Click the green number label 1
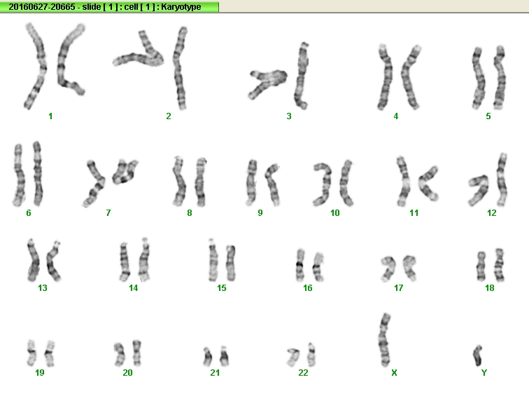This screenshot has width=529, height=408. click(x=50, y=116)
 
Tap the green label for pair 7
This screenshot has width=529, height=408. click(x=108, y=212)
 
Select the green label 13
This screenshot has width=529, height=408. click(x=43, y=287)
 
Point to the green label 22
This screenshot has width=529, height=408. click(x=303, y=372)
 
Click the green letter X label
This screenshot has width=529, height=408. click(x=394, y=372)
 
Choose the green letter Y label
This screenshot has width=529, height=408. click(x=484, y=372)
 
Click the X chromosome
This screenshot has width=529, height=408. click(x=384, y=340)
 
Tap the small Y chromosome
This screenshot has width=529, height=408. click(x=478, y=355)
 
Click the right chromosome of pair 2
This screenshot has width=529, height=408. click(x=180, y=67)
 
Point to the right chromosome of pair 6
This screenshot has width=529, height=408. click(x=38, y=174)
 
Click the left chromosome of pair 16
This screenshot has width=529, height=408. click(x=300, y=266)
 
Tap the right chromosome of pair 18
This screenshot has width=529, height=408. click(x=500, y=265)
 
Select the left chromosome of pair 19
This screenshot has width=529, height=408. click(x=31, y=353)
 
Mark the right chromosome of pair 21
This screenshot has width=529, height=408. click(x=225, y=356)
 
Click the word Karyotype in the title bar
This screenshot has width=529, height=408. click(x=181, y=7)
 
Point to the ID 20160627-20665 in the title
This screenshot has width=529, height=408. click(x=42, y=7)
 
